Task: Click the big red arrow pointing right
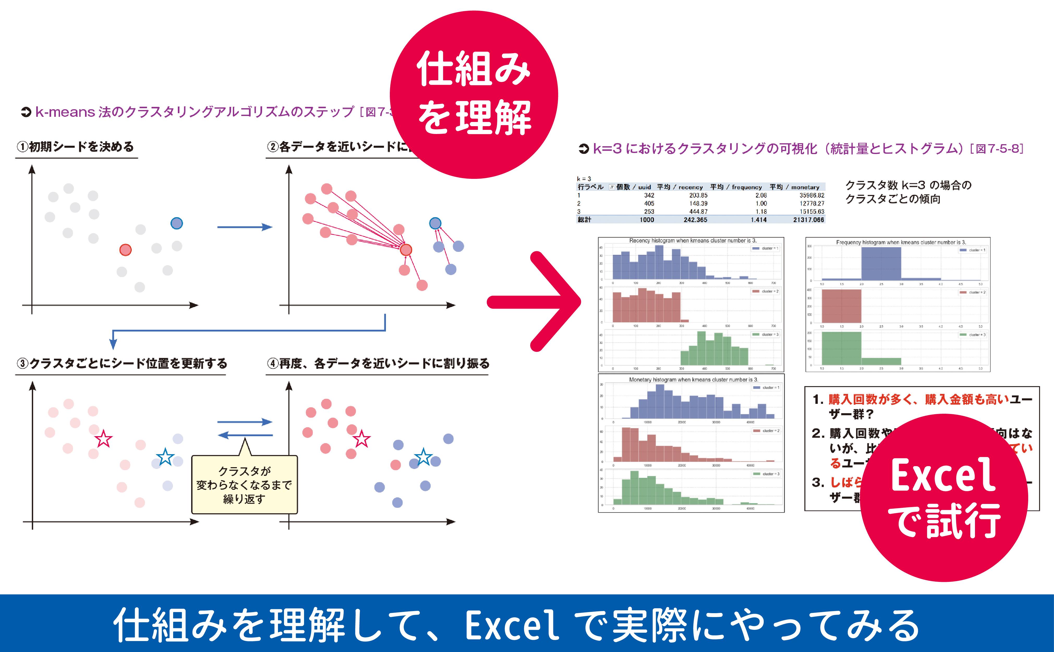pos(535,302)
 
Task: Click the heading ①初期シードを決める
pos(75,147)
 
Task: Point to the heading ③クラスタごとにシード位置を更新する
pos(122,363)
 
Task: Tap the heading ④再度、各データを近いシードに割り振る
pos(378,363)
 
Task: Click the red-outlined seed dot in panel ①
pos(125,250)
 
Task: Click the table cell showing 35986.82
pos(812,195)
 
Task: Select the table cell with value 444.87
pos(698,212)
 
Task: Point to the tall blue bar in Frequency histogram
pos(881,264)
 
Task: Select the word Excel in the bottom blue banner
pos(512,625)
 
